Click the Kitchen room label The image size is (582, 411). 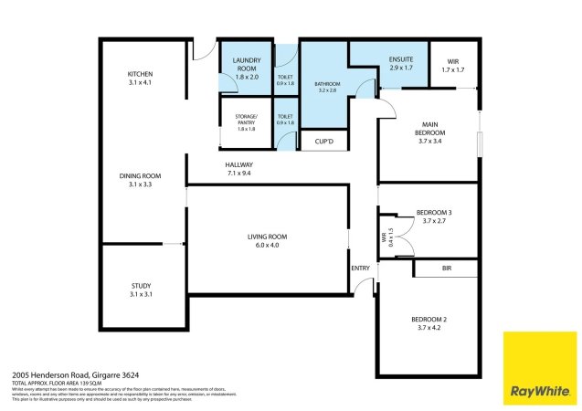coord(140,74)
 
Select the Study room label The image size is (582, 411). coord(140,286)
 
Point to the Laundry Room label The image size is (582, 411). coord(247,64)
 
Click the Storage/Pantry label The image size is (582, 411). coord(247,117)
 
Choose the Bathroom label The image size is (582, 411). coord(327,83)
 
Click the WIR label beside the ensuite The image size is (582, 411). coord(453,62)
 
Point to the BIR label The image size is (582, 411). coord(446,269)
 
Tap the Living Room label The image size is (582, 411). coord(267,237)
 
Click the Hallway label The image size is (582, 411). coord(238,164)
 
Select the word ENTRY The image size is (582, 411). coord(362,268)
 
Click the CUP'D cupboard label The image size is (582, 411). coord(323,142)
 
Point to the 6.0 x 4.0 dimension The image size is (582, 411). coord(267,245)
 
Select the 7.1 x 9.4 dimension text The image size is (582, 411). coord(238,173)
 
